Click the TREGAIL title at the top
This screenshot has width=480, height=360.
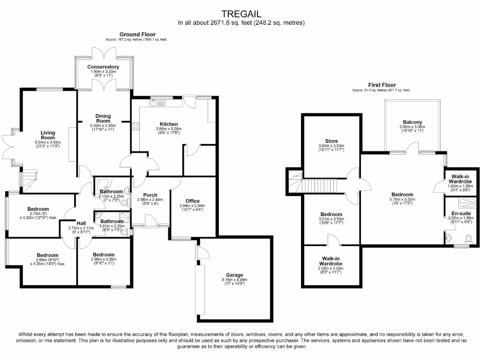pyautogui.click(x=241, y=14)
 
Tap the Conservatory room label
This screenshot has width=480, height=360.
pyautogui.click(x=103, y=67)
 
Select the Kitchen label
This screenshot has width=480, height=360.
pyautogui.click(x=167, y=124)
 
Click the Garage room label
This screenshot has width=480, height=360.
pyautogui.click(x=234, y=275)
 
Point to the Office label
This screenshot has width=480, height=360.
pyautogui.click(x=193, y=201)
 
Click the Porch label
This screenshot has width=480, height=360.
pyautogui.click(x=150, y=195)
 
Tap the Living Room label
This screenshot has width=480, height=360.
pyautogui.click(x=48, y=135)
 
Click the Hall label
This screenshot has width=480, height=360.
pyautogui.click(x=82, y=223)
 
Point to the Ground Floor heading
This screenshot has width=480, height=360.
pyautogui.click(x=137, y=34)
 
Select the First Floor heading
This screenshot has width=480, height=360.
pyautogui.click(x=381, y=85)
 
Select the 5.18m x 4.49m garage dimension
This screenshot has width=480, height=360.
pyautogui.click(x=234, y=280)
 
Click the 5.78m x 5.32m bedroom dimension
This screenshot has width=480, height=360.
pyautogui.click(x=402, y=200)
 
